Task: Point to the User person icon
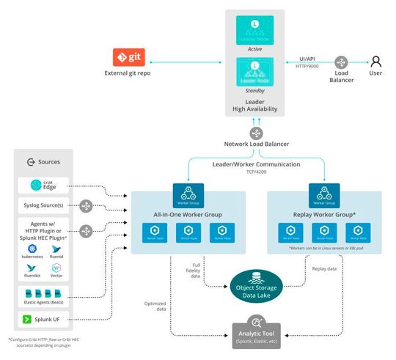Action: pos(375,62)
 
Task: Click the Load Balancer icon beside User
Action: pos(342,63)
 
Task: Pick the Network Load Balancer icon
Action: pos(256,133)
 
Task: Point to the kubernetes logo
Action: pos(32,249)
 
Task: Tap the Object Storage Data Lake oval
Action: pos(256,284)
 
